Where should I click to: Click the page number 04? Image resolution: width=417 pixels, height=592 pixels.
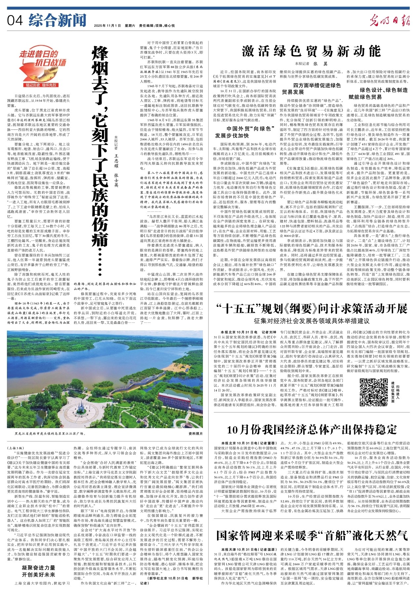[x=15, y=20]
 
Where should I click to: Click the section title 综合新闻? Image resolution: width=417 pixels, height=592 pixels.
[x=57, y=20]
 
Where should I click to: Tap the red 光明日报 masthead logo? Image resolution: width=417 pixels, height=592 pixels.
[x=390, y=21]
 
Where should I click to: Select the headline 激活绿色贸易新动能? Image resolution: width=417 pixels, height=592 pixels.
[x=311, y=51]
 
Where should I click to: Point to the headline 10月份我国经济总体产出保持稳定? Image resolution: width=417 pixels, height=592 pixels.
[x=312, y=429]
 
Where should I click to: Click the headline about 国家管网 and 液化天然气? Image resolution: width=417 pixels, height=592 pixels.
[x=312, y=535]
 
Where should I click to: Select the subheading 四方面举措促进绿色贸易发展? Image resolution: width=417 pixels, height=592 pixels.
[x=311, y=89]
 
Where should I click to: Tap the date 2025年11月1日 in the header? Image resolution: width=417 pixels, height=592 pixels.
[x=107, y=25]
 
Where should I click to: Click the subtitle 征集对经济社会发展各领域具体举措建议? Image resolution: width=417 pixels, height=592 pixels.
[x=312, y=321]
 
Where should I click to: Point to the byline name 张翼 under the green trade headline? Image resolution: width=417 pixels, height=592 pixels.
[x=316, y=63]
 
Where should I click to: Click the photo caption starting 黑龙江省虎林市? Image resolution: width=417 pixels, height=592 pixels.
[x=50, y=433]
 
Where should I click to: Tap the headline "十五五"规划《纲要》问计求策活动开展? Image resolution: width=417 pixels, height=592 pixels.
[x=312, y=309]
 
